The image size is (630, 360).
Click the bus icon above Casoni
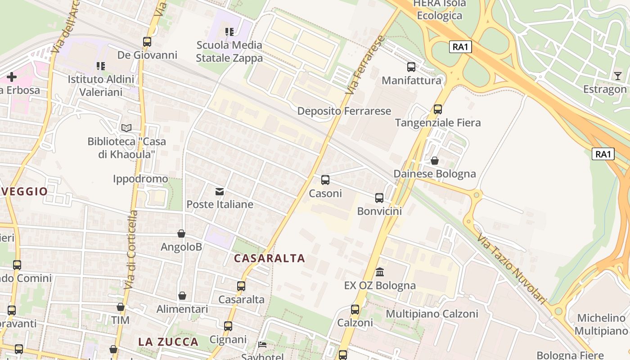coord(325,180)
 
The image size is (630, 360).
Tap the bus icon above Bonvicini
coord(379,198)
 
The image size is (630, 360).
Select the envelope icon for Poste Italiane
coord(220,192)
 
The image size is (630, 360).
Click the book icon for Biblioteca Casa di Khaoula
coord(126,128)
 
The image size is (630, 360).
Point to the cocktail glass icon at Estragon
coord(617,76)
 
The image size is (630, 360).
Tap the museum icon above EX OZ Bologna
coord(380,272)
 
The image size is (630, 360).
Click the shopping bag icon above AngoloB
coord(181,234)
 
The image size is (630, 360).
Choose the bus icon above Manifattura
coord(411,67)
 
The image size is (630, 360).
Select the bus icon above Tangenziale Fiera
coord(437,109)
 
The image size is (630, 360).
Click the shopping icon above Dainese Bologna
coord(435,161)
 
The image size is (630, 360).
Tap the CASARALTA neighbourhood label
coord(270,258)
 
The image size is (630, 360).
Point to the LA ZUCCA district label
coord(168,342)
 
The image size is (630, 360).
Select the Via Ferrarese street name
coord(365,65)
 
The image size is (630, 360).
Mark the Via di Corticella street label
coord(131,250)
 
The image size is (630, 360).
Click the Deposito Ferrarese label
coord(344,111)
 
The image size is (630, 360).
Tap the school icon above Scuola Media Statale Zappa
coord(229,32)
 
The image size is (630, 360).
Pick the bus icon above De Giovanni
coord(147,42)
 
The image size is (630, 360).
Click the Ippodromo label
coord(140,179)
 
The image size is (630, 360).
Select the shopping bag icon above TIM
coord(121,307)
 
